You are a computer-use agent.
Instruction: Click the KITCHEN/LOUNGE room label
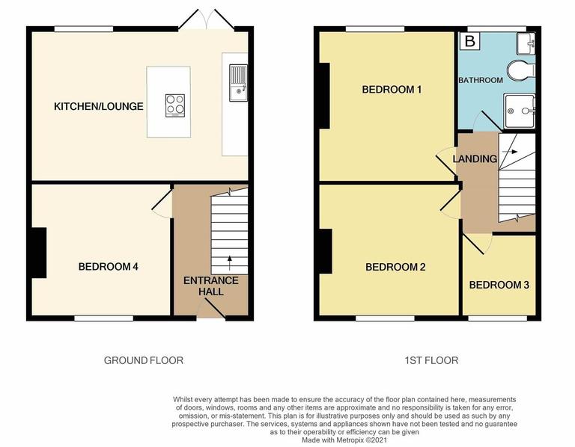[98, 107]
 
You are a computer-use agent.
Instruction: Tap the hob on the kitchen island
[175, 105]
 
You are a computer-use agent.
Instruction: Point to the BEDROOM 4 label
[108, 266]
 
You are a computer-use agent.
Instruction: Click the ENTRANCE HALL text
[211, 286]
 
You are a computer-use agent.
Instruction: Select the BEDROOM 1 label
[392, 90]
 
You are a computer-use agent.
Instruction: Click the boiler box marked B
[470, 42]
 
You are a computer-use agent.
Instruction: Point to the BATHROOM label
[481, 79]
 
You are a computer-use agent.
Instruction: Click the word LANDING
[475, 159]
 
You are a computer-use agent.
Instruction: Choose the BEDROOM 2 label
[396, 267]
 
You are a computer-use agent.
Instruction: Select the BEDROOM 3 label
[499, 285]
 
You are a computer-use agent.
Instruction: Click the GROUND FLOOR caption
[143, 360]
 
